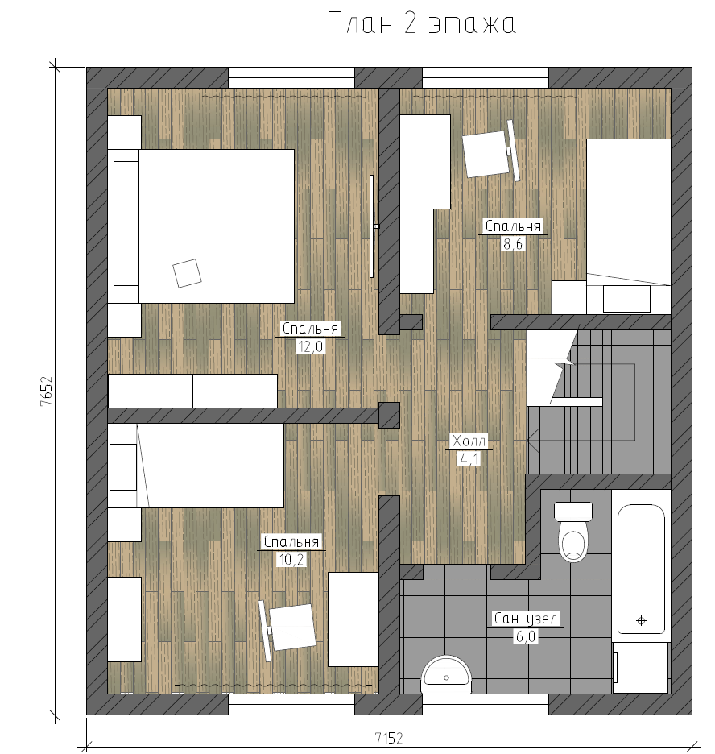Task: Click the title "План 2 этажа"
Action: tap(421, 23)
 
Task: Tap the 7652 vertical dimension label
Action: tap(46, 391)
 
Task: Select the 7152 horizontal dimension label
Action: tap(389, 738)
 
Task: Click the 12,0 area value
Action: tap(311, 346)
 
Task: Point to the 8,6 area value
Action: tap(513, 244)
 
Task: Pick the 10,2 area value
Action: tap(291, 560)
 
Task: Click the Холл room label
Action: tap(469, 441)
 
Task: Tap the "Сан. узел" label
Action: tap(526, 619)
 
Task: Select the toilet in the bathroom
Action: tap(573, 532)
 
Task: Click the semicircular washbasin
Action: tap(446, 674)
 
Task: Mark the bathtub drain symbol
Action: tap(641, 621)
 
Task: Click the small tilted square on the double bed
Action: tap(187, 273)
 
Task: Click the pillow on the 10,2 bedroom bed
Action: tap(123, 467)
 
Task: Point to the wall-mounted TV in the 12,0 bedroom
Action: tap(372, 226)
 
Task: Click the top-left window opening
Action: tap(291, 77)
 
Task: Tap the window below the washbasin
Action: tap(486, 703)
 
